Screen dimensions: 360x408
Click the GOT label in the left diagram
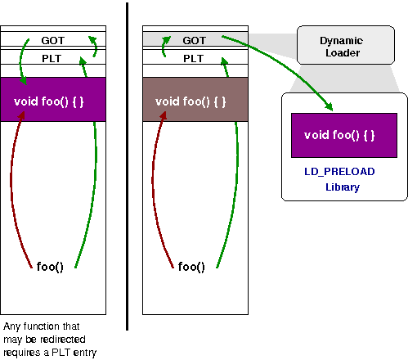coord(52,39)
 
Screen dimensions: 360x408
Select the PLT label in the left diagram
coord(52,59)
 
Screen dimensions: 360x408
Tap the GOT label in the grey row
coord(195,39)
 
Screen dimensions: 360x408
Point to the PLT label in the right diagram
coord(194,59)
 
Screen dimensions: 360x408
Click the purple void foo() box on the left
coord(53,100)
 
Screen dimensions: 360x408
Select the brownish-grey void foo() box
coord(195,101)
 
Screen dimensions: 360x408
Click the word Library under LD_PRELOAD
coord(343,187)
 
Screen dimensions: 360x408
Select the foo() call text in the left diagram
coord(50,267)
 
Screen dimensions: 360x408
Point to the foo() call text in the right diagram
coord(191,267)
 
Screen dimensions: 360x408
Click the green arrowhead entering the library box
coord(330,107)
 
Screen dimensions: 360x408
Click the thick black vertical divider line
coord(128,164)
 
